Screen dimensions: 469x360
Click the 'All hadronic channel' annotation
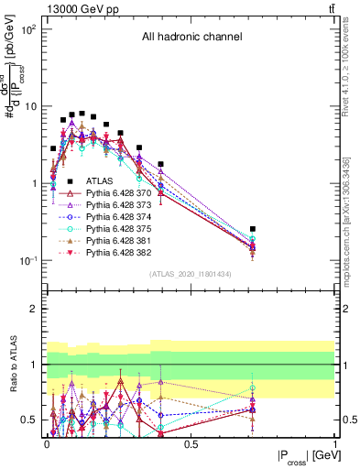pos(191,38)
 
